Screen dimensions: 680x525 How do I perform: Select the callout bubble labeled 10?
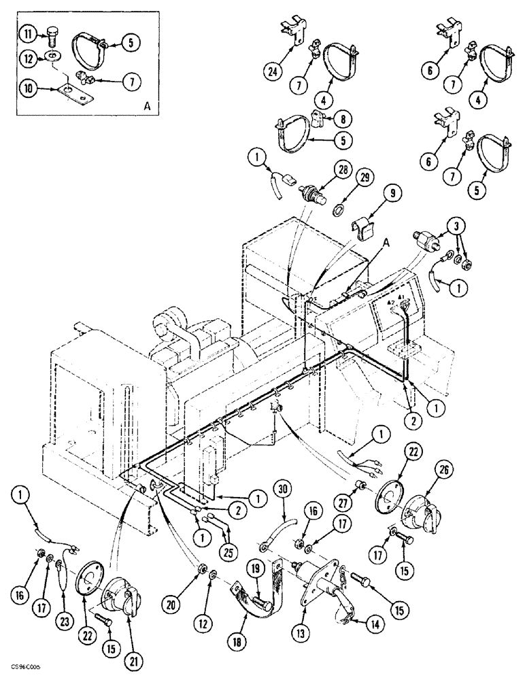[x=25, y=88]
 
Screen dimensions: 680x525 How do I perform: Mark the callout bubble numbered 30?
[x=281, y=488]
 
